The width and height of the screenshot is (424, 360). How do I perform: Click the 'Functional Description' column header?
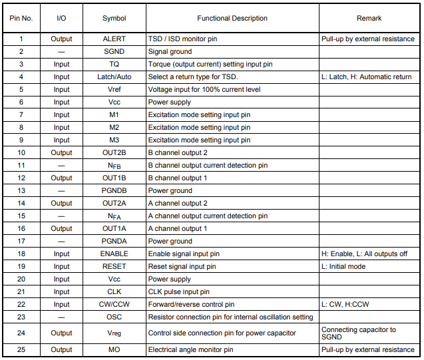click(x=232, y=19)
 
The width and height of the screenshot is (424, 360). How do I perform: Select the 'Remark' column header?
click(x=369, y=19)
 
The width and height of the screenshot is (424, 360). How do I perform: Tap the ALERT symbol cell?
click(x=114, y=39)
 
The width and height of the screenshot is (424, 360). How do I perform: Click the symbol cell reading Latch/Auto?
click(x=114, y=77)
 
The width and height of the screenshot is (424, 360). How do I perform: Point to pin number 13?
click(x=21, y=191)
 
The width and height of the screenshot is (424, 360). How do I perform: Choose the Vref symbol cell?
click(x=114, y=90)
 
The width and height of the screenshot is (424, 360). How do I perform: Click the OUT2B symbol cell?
click(x=114, y=153)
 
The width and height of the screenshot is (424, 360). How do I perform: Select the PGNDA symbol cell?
click(x=114, y=242)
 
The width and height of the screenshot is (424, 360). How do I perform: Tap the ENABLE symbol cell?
click(x=114, y=254)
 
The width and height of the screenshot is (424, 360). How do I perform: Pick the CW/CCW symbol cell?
click(x=114, y=305)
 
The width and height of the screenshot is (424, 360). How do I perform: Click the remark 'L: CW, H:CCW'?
click(x=345, y=305)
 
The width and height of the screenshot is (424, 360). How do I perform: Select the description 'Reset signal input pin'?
click(x=182, y=267)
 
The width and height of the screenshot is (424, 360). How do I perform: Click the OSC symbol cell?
click(x=114, y=317)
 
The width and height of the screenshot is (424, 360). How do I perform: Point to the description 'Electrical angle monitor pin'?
click(x=190, y=349)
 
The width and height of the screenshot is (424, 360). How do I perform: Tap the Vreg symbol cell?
click(x=114, y=333)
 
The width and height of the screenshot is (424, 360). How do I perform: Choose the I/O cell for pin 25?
click(x=61, y=349)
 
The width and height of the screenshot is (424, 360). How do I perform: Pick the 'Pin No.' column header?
click(x=21, y=19)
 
